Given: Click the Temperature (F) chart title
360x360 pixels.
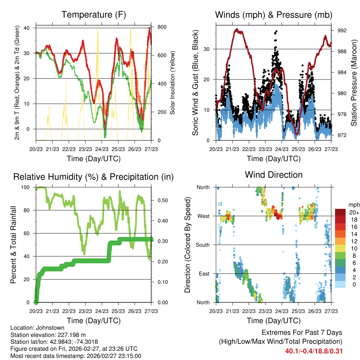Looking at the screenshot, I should [x=94, y=15].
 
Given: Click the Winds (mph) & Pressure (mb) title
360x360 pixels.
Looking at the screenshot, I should [x=274, y=15].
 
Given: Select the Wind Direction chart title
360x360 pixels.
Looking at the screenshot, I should [x=274, y=175].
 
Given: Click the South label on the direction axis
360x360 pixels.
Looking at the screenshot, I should [x=203, y=245].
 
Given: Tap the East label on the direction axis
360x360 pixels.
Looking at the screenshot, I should [x=204, y=274].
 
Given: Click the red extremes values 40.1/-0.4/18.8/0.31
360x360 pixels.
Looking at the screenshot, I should [x=314, y=351].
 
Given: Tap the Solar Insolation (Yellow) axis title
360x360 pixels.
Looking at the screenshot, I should [x=173, y=83].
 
